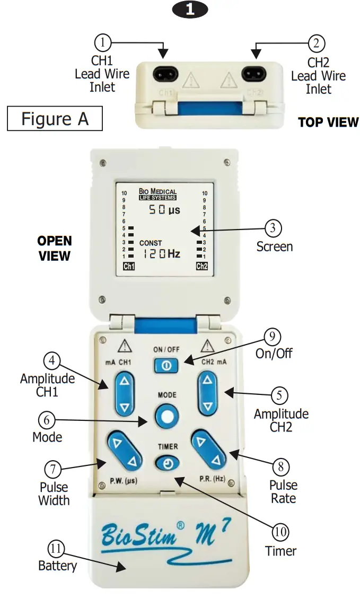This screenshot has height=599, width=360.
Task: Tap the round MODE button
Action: [x=167, y=417]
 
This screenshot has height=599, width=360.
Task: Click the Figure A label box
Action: [x=54, y=118]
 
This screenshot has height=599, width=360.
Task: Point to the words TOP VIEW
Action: [x=328, y=122]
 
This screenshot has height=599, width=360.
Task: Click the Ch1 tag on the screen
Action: [x=128, y=266]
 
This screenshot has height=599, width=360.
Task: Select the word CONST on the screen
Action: [x=151, y=243]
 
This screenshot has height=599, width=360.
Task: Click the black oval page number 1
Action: [x=189, y=10]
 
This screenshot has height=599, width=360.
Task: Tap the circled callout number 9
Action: [x=273, y=336]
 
